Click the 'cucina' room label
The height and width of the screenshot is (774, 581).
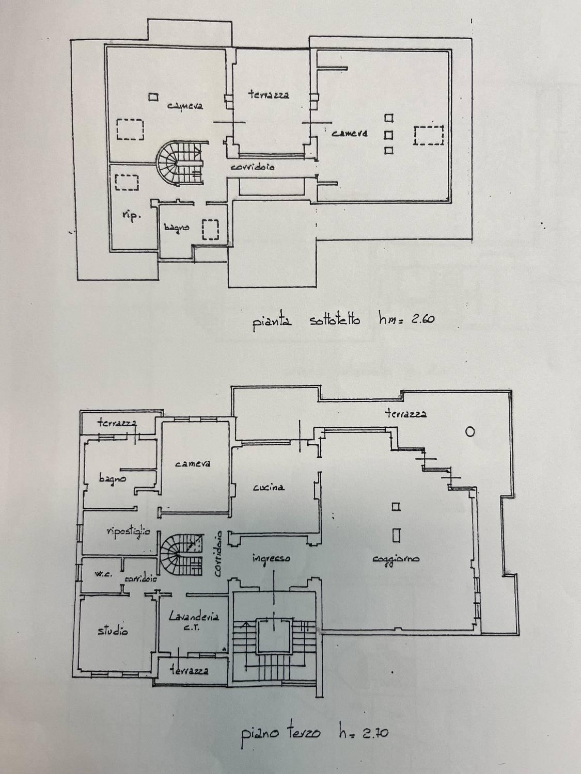269,487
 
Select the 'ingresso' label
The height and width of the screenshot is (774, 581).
271,558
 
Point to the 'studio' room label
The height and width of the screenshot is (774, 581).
113,631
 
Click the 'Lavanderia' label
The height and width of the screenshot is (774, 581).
194,617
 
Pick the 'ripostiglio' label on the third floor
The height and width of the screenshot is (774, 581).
128,532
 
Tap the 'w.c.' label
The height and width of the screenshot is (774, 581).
103,574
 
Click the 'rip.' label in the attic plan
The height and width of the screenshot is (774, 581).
131,216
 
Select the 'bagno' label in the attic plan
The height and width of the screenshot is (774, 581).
177,228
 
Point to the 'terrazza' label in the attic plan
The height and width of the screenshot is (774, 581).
269,94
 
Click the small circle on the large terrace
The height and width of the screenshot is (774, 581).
470,431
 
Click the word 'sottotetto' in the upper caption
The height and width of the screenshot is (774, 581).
335,320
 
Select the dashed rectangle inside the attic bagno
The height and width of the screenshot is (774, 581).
210,230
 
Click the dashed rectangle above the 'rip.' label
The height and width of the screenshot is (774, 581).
127,183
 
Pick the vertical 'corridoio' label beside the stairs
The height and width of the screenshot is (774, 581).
218,554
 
